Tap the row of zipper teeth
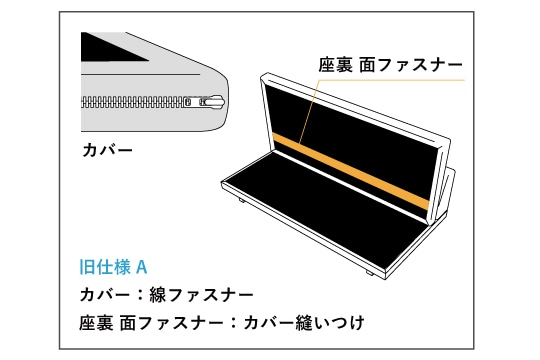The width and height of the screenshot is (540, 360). pos(134,102)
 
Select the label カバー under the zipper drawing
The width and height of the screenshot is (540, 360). pos(107,150)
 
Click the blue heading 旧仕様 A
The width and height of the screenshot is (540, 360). pos(113,267)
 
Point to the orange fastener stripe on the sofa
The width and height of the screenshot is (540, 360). pos(351,172)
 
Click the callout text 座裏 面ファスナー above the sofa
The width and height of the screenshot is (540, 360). pos(391,65)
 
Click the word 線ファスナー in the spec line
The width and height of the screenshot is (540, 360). pos(201,295)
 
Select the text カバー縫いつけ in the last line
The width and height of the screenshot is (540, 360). pos(304,323)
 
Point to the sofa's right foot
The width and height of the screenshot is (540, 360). pos(370,273)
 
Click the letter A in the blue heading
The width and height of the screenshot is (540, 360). pos(142,267)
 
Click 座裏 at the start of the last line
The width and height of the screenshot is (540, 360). pos(96,323)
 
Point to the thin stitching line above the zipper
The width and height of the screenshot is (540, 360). pos(141,74)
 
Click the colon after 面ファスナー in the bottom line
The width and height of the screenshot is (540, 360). pos(234,323)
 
